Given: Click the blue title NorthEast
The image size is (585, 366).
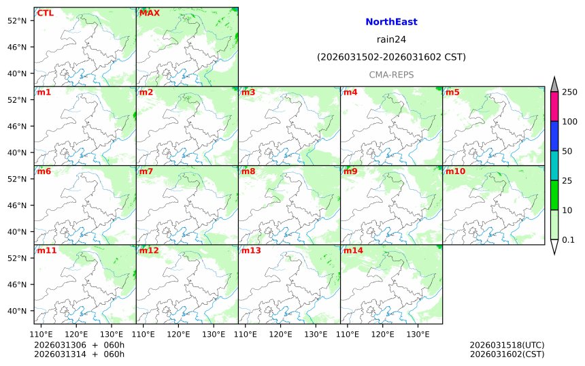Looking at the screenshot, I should pyautogui.click(x=391, y=22).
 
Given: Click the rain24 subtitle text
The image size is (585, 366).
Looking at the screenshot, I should pyautogui.click(x=391, y=39).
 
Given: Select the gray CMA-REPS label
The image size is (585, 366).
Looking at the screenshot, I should pyautogui.click(x=391, y=74).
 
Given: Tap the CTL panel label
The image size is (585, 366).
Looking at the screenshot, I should pyautogui.click(x=46, y=13).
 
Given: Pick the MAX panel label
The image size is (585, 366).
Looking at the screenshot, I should pyautogui.click(x=150, y=13).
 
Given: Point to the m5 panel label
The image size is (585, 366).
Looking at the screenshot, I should pyautogui.click(x=452, y=92).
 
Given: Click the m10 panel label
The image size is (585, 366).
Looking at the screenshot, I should pyautogui.click(x=455, y=171).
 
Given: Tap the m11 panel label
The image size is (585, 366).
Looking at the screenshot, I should pyautogui.click(x=47, y=250).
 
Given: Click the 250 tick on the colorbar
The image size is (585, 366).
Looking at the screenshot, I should pyautogui.click(x=570, y=92).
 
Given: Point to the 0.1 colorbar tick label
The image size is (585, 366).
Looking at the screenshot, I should pyautogui.click(x=569, y=239).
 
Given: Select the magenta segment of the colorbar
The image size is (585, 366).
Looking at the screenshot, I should pyautogui.click(x=554, y=107).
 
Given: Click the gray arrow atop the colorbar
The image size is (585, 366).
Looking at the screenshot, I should pyautogui.click(x=554, y=84).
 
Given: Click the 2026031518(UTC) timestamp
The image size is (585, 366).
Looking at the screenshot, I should pyautogui.click(x=507, y=345).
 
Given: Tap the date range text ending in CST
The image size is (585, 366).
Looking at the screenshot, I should pyautogui.click(x=391, y=57).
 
